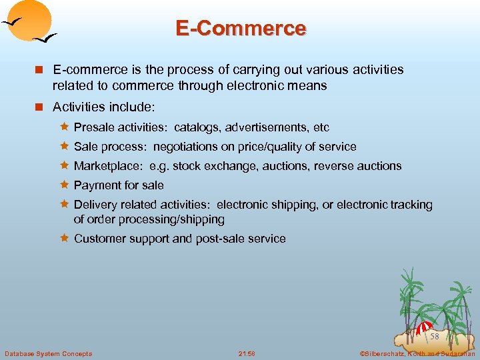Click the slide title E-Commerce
241,28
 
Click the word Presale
94,127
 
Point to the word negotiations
185,147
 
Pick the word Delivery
95,205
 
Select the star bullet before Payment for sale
65,185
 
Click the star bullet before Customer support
65,238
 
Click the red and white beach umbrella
424,327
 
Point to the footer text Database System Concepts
49,353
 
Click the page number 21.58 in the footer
247,353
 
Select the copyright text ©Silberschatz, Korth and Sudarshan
417,353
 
